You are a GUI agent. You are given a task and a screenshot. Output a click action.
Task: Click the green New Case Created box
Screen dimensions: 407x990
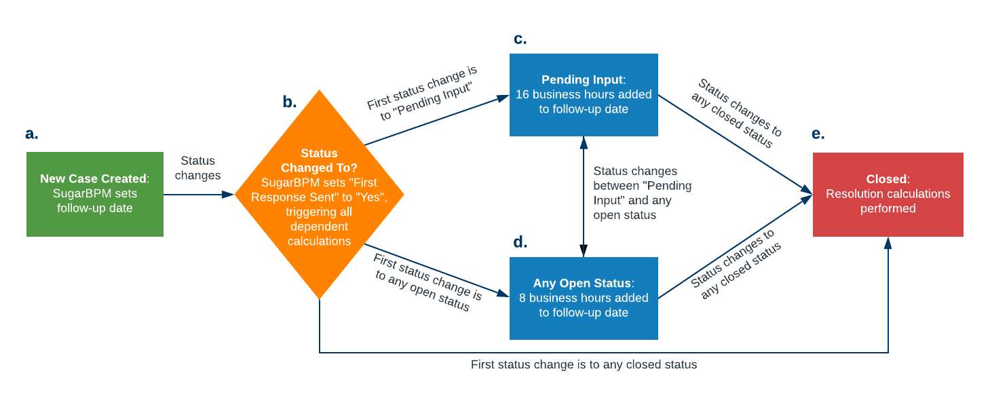tap(95, 194)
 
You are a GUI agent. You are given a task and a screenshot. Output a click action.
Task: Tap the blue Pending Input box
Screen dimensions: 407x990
tap(584, 94)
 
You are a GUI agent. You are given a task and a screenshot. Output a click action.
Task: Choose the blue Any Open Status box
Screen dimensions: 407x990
tap(584, 298)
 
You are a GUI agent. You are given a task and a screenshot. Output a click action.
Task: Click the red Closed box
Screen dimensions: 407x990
tap(888, 194)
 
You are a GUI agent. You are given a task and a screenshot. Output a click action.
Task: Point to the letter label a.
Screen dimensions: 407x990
tap(32, 134)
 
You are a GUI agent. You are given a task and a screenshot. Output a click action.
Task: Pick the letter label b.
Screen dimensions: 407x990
tap(290, 102)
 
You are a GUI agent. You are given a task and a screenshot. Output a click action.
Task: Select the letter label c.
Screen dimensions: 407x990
tap(520, 39)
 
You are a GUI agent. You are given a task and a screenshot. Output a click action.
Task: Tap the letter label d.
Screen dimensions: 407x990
tap(520, 242)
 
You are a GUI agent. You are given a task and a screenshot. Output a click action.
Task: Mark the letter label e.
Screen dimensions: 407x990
tap(818, 134)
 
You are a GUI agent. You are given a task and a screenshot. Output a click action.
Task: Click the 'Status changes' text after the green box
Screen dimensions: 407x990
tap(197, 168)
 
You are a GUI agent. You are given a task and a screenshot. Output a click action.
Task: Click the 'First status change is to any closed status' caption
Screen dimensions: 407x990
tap(584, 365)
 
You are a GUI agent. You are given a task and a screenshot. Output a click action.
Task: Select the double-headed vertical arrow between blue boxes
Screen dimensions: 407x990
tap(584, 197)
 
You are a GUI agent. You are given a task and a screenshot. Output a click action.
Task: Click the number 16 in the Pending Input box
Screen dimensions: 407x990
tap(522, 94)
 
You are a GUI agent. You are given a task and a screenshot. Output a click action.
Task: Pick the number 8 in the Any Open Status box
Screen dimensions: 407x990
tap(522, 298)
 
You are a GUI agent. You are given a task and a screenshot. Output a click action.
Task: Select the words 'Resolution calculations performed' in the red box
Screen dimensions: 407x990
tap(888, 201)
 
